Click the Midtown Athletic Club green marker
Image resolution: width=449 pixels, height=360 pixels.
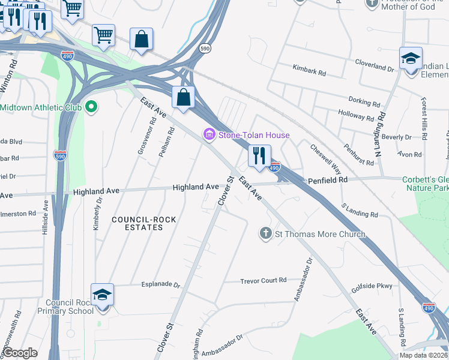tap(91, 107)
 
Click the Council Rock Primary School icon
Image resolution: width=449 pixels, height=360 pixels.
tap(102, 295)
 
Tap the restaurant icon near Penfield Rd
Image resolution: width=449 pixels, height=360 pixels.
tap(259, 157)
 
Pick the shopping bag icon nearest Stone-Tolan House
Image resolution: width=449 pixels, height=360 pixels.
tap(184, 98)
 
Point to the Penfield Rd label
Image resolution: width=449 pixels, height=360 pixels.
tap(328, 180)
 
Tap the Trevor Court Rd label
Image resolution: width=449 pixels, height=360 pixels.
tap(264, 281)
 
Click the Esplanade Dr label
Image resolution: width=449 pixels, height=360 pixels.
tap(160, 285)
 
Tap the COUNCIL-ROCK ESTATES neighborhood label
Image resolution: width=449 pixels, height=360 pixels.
tap(144, 223)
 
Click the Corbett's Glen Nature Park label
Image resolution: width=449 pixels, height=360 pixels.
tap(424, 184)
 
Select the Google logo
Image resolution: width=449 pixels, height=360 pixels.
tap(21, 353)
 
